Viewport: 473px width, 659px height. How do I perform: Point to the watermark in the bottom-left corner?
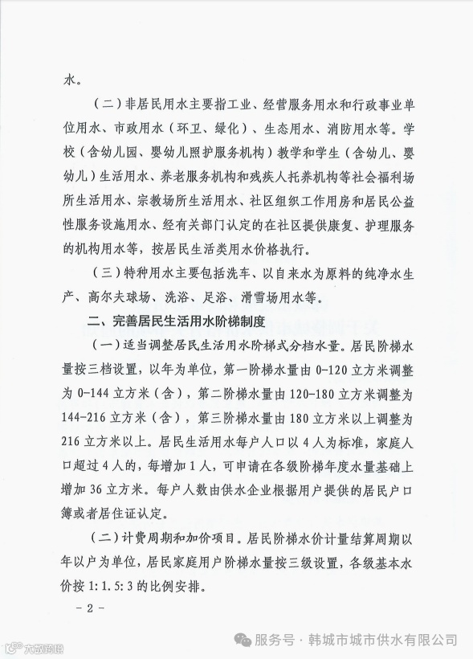click(34, 647)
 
